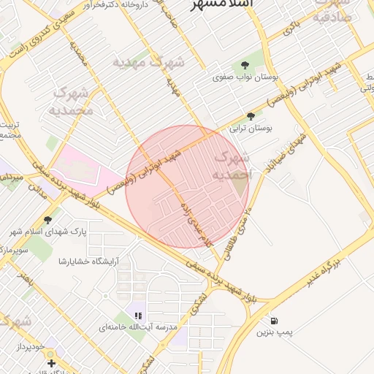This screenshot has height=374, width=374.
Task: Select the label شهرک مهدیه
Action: (149, 63)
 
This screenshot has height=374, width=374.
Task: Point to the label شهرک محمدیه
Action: (72, 102)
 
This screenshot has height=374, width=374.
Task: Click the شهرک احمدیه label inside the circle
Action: (232, 167)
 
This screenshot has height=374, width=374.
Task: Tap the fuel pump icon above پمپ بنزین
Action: (274, 321)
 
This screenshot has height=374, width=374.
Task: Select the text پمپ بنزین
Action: (274, 332)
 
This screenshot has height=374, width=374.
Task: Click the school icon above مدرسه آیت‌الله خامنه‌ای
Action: (137, 316)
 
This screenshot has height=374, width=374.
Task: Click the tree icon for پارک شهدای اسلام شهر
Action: (48, 219)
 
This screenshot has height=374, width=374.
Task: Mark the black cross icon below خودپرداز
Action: (50, 363)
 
